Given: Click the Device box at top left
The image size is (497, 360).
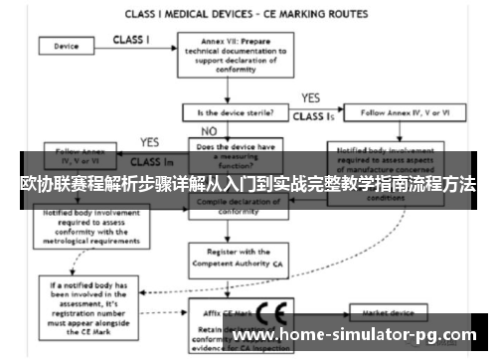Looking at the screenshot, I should pos(68,46).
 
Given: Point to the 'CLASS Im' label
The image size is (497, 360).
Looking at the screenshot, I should pos(148,160).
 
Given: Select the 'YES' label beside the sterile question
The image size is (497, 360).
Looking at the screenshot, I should pos(311,98).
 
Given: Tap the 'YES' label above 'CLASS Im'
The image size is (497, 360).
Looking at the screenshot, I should pos(150,142).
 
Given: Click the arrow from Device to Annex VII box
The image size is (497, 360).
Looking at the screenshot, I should pos(135,47).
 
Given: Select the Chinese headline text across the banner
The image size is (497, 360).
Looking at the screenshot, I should pos(248,186).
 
